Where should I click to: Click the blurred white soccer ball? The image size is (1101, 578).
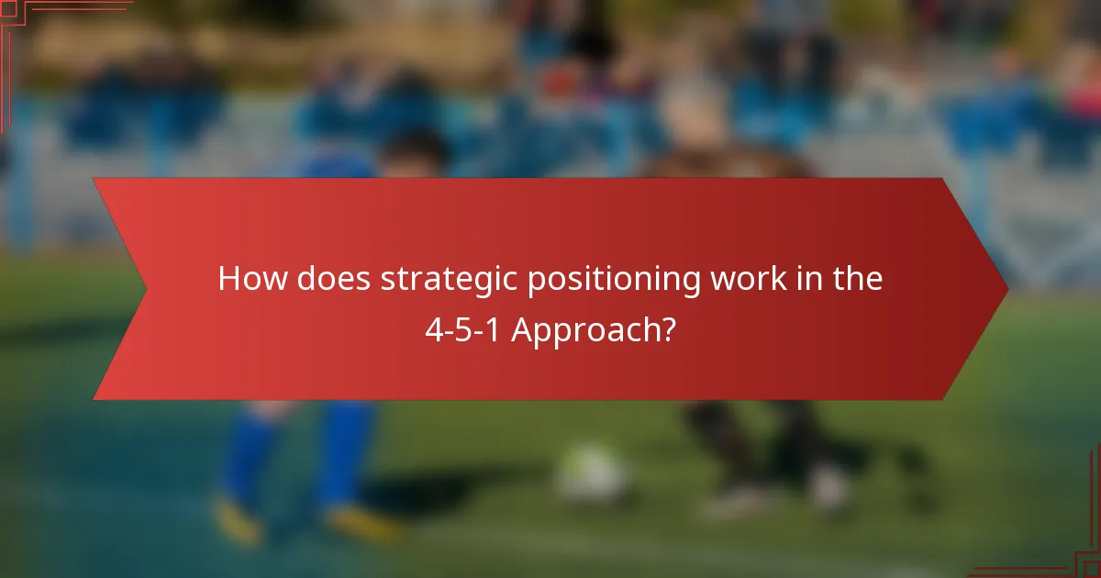(592, 474)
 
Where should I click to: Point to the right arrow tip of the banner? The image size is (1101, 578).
(1006, 289)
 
